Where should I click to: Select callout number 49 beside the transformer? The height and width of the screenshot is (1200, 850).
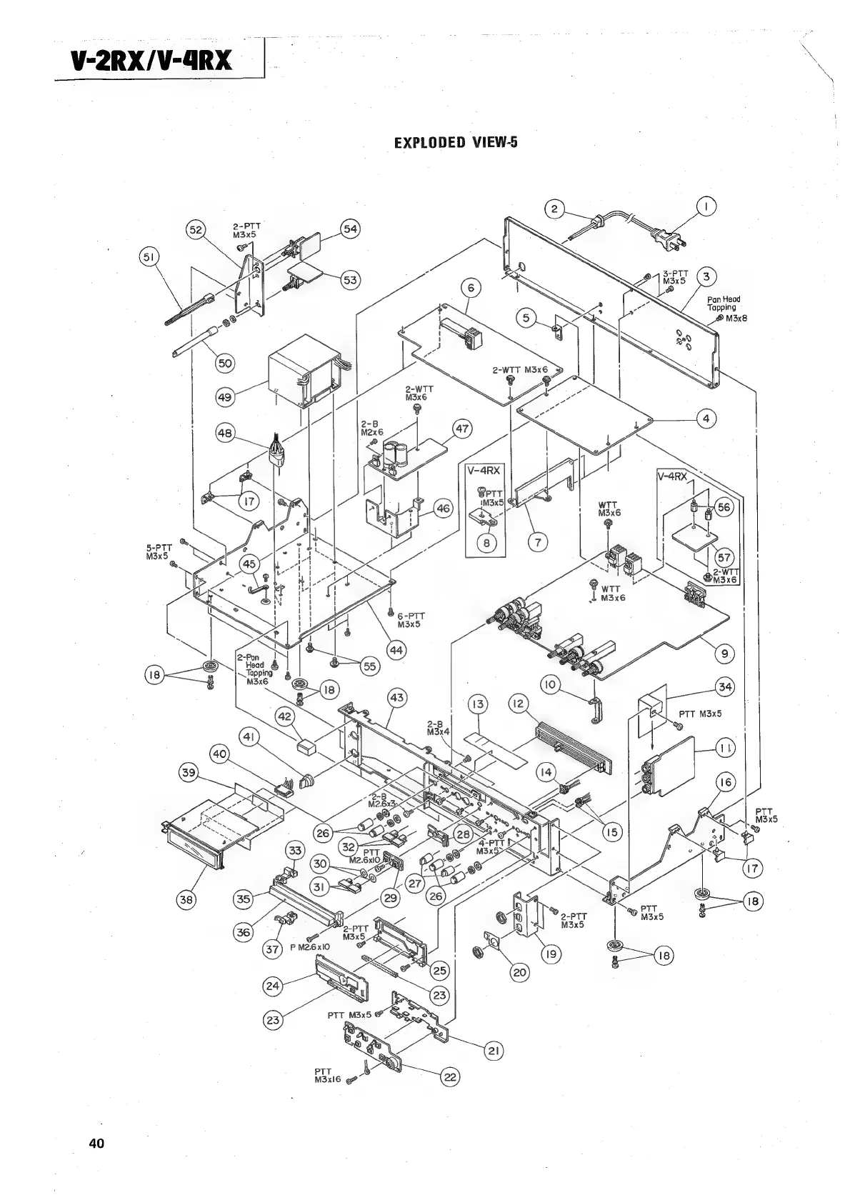(226, 397)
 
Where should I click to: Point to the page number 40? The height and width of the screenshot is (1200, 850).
(96, 1144)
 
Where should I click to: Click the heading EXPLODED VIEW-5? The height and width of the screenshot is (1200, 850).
(456, 142)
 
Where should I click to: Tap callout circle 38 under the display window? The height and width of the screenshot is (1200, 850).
(186, 899)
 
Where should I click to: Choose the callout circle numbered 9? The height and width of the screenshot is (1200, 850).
(724, 652)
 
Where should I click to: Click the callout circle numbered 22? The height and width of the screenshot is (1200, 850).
(450, 1077)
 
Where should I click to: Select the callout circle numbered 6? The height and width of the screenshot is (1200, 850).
(470, 289)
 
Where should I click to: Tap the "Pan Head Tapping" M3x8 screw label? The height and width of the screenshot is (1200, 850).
(726, 308)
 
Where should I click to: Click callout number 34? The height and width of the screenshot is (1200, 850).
(725, 687)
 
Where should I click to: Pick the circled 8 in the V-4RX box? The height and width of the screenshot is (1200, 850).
(486, 542)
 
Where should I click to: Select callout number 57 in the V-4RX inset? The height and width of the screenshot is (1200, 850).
(724, 557)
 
